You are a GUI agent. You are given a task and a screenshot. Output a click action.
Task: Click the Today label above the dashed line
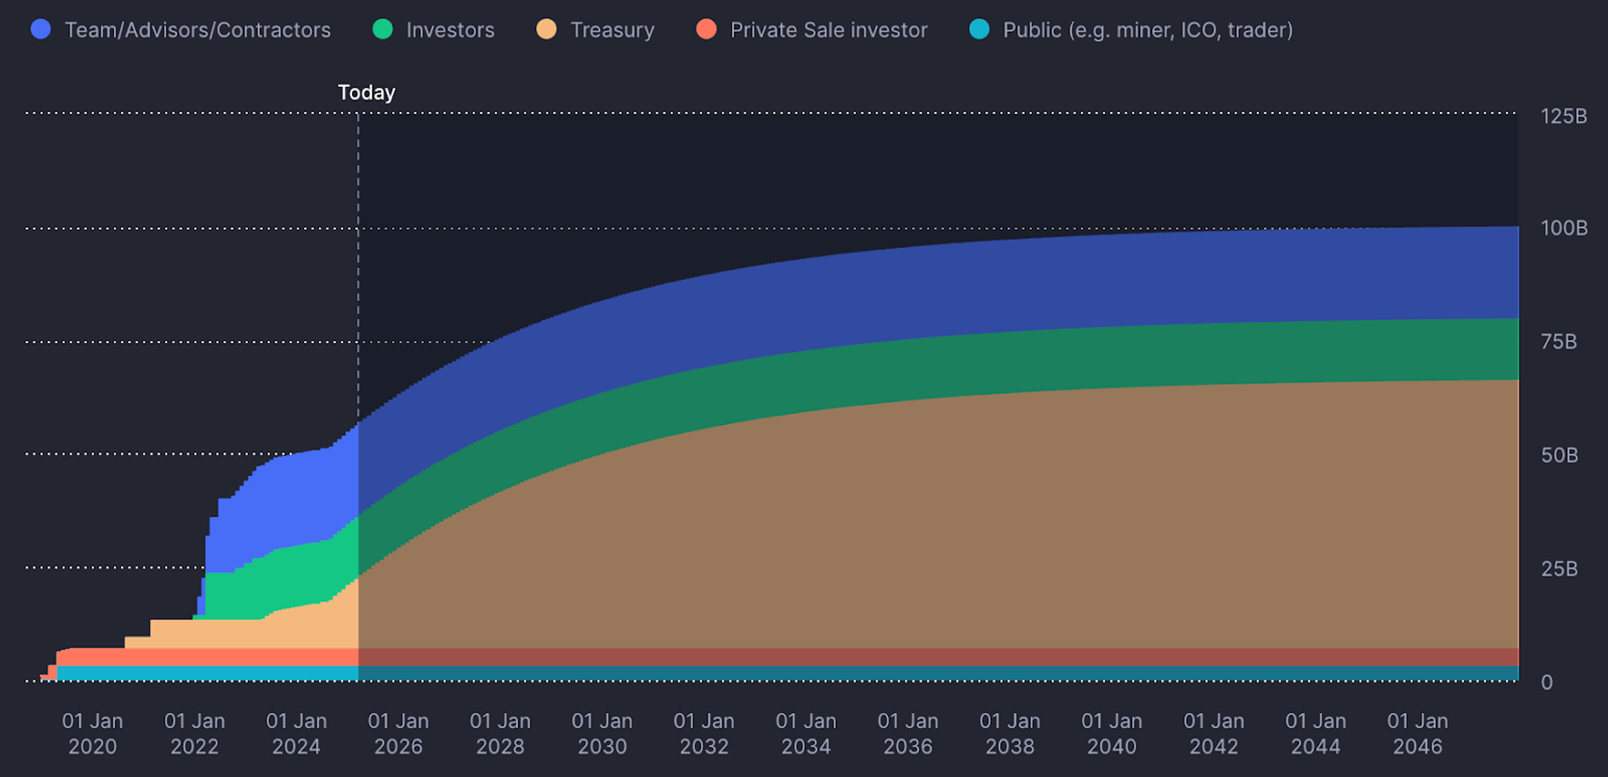pos(366,92)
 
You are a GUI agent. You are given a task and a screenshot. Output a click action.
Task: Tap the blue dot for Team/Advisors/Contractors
pos(41,29)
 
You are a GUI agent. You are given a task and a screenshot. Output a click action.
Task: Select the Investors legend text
pos(450,30)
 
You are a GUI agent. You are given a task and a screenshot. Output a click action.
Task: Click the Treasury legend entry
pos(612,30)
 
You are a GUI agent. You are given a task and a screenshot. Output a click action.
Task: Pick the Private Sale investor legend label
pos(828,30)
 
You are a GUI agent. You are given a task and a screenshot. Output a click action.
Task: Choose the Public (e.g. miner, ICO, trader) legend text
pos(1147,30)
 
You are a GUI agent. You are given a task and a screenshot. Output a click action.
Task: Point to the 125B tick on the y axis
pos(1563,116)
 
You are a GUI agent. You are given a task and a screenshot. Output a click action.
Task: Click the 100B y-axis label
pos(1563,228)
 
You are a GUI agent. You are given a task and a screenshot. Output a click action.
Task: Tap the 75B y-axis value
pos(1558,342)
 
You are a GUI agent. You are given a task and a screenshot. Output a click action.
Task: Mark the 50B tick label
pos(1558,455)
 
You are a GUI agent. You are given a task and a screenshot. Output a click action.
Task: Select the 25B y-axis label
pos(1558,569)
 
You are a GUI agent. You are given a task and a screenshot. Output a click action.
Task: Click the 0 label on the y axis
pos(1546,682)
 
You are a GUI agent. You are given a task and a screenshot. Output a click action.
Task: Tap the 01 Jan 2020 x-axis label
pos(92,733)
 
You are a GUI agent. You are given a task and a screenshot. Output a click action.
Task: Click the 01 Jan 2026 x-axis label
pos(398,733)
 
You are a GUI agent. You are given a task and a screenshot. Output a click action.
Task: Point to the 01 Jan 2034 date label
pos(806,733)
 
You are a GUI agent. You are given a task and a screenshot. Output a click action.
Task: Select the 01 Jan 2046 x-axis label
pos(1417,733)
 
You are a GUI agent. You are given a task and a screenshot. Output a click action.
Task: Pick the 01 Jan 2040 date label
pos(1111,733)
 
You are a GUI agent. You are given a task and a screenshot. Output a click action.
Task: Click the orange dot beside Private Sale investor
pos(706,29)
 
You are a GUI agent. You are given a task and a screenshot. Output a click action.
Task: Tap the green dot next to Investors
pos(383,29)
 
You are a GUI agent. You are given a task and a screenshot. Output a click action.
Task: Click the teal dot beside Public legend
pos(980,29)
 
